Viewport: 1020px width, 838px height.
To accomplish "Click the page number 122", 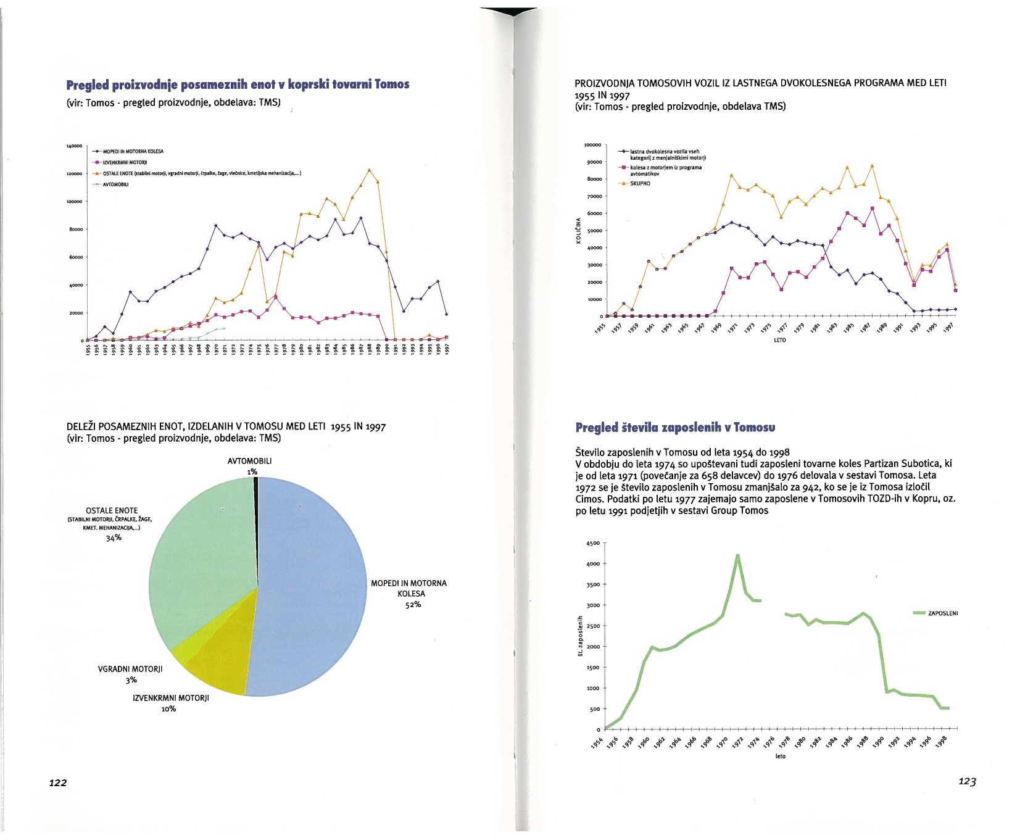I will point(58,782).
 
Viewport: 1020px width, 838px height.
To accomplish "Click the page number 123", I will point(967,781).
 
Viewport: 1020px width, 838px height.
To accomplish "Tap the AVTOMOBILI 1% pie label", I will point(250,466).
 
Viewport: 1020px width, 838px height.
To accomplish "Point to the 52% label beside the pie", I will point(413,605).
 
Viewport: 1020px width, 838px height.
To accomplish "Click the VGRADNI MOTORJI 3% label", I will point(130,674).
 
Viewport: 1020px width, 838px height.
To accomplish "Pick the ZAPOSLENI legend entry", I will point(936,613).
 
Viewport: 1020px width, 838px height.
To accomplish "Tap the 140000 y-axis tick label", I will point(74,146).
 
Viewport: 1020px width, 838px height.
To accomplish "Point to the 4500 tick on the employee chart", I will point(592,543).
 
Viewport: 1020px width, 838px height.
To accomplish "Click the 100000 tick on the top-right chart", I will point(592,145).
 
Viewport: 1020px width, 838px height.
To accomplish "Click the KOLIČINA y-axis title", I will point(578,230).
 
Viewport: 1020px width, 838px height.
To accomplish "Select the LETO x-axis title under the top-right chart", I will point(779,340).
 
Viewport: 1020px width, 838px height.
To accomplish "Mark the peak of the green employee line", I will point(737,555).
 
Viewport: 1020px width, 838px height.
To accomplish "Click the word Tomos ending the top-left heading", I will point(392,85).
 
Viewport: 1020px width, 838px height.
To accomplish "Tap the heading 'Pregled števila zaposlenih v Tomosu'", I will point(675,428).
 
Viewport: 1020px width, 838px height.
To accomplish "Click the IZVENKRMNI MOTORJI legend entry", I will point(121,162).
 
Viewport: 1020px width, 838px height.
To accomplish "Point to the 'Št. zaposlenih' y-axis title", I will point(580,636).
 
